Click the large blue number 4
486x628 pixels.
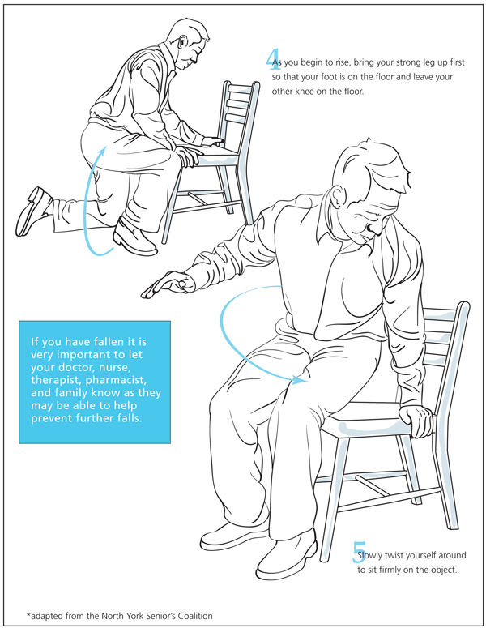(x=272, y=59)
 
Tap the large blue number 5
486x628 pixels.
(x=359, y=553)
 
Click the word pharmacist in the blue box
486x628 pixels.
(x=116, y=380)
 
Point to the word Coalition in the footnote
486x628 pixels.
(x=195, y=616)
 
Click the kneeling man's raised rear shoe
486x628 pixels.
(x=33, y=211)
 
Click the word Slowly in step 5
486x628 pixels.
(x=370, y=556)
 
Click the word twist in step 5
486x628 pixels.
(x=394, y=556)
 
